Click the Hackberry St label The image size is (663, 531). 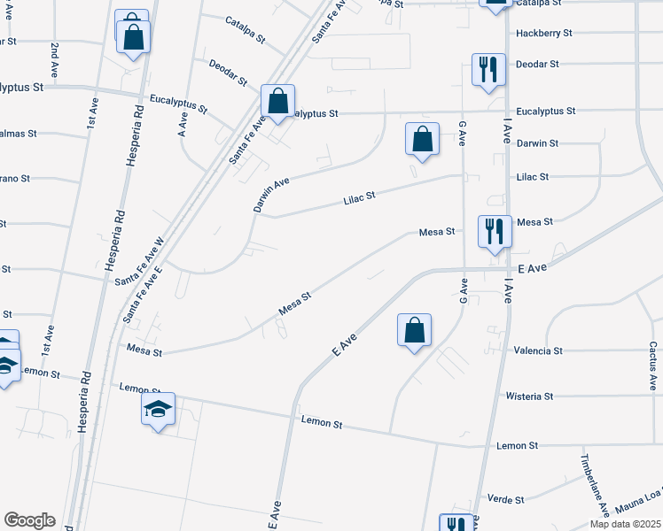click(x=543, y=33)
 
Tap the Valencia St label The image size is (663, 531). click(x=538, y=350)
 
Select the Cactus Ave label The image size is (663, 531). click(x=652, y=366)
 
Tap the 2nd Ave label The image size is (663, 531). click(x=55, y=58)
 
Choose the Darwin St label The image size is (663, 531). click(x=537, y=143)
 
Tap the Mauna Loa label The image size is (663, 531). click(x=638, y=504)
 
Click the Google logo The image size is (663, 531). click(x=29, y=520)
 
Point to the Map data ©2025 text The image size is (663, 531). click(x=624, y=524)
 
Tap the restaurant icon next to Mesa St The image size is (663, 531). click(x=494, y=230)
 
